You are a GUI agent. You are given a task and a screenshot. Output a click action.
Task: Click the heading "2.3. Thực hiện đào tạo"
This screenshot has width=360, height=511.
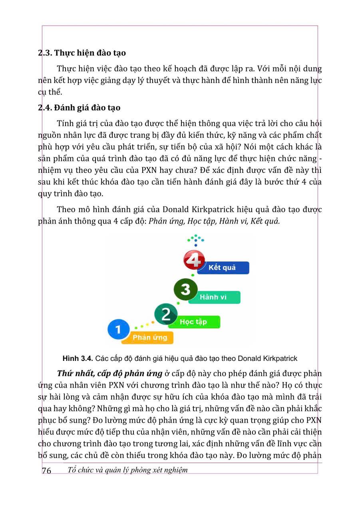82,53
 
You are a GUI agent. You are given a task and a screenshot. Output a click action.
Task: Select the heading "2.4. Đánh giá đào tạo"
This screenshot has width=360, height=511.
79,108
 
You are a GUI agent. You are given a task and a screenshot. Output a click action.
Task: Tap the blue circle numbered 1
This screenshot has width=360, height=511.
119,329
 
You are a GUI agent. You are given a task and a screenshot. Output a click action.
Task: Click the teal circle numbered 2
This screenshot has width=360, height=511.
165,314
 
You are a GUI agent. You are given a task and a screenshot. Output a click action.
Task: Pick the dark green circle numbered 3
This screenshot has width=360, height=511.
185,289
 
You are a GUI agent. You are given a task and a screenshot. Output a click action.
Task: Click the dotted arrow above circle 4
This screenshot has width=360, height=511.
195,241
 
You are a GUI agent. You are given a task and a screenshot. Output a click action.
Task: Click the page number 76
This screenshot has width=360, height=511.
46,471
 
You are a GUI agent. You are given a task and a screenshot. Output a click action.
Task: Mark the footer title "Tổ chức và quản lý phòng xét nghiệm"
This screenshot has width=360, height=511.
127,470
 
